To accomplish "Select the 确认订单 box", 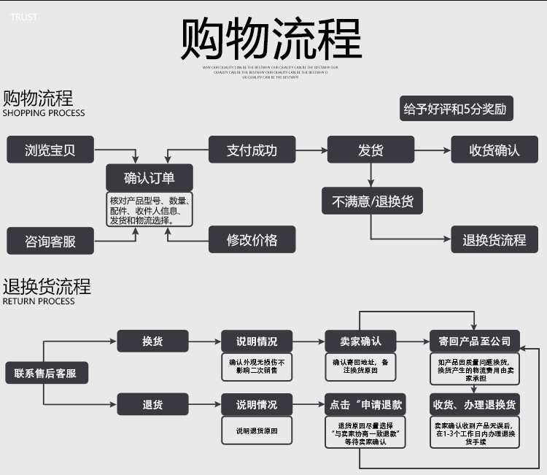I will click(150, 178).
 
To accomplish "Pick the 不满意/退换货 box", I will click(373, 201).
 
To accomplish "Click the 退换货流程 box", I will click(494, 239).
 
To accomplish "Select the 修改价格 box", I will click(252, 239).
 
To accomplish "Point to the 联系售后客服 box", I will click(45, 374).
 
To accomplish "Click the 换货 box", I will click(152, 341).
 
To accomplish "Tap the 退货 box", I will click(152, 403).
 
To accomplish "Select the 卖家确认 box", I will click(360, 341).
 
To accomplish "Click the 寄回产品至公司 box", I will click(474, 341).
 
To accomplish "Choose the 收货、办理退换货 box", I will click(474, 403).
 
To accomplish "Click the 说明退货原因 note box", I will click(257, 431).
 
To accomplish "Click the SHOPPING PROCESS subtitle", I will click(44, 113).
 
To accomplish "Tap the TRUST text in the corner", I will click(24, 17).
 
